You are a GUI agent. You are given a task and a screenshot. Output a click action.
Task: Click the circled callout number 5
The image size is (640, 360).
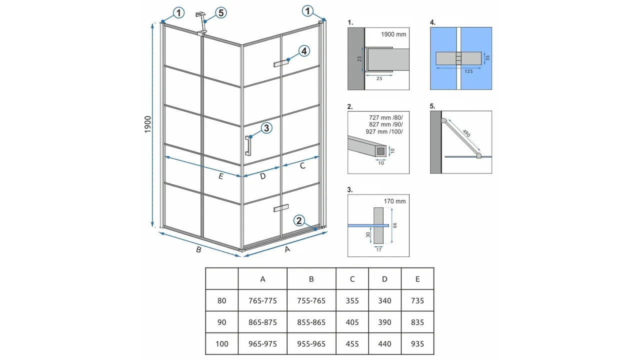pyautogui.click(x=221, y=13)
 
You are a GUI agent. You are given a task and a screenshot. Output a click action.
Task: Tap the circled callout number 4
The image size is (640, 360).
pyautogui.click(x=304, y=51)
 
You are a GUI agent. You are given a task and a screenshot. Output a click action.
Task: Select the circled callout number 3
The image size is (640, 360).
pyautogui.click(x=266, y=128)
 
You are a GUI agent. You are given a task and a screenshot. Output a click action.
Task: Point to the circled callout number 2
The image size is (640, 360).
pyautogui.click(x=299, y=220)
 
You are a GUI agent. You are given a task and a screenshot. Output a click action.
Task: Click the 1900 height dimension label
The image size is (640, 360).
pyautogui.click(x=147, y=124)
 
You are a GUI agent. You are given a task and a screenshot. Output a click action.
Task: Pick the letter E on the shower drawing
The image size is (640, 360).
pyautogui.click(x=220, y=176)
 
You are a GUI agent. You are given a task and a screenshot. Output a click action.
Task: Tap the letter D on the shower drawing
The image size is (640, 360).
pyautogui.click(x=263, y=176)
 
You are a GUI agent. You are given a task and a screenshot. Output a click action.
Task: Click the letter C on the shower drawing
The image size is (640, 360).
pyautogui.click(x=302, y=165)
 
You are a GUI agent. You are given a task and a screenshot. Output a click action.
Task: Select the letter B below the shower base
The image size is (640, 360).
pyautogui.click(x=198, y=249)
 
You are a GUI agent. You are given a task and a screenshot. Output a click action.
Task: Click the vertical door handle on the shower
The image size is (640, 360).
pyautogui.click(x=248, y=145)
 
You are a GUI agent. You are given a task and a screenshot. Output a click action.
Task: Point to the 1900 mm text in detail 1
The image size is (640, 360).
pyautogui.click(x=393, y=34)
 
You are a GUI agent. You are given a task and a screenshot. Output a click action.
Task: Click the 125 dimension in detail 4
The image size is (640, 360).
pyautogui.click(x=468, y=71)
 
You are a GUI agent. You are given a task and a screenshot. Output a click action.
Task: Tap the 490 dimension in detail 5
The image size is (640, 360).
pyautogui.click(x=466, y=133)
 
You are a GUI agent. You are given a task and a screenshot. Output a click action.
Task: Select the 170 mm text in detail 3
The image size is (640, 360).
pyautogui.click(x=394, y=201)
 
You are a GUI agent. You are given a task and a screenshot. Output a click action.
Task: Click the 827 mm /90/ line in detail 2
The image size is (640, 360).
pyautogui.click(x=385, y=124)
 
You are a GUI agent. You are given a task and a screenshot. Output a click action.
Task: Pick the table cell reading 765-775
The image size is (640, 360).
pyautogui.click(x=262, y=300)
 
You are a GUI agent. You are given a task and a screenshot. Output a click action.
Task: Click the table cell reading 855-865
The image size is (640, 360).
pyautogui.click(x=311, y=322)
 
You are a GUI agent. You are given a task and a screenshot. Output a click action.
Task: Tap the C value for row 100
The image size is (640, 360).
pyautogui.click(x=352, y=343)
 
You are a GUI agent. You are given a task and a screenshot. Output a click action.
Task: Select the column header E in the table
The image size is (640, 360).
pyautogui.click(x=417, y=279)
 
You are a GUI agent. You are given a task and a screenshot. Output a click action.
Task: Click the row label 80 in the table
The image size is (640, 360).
pyautogui.click(x=221, y=300)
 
